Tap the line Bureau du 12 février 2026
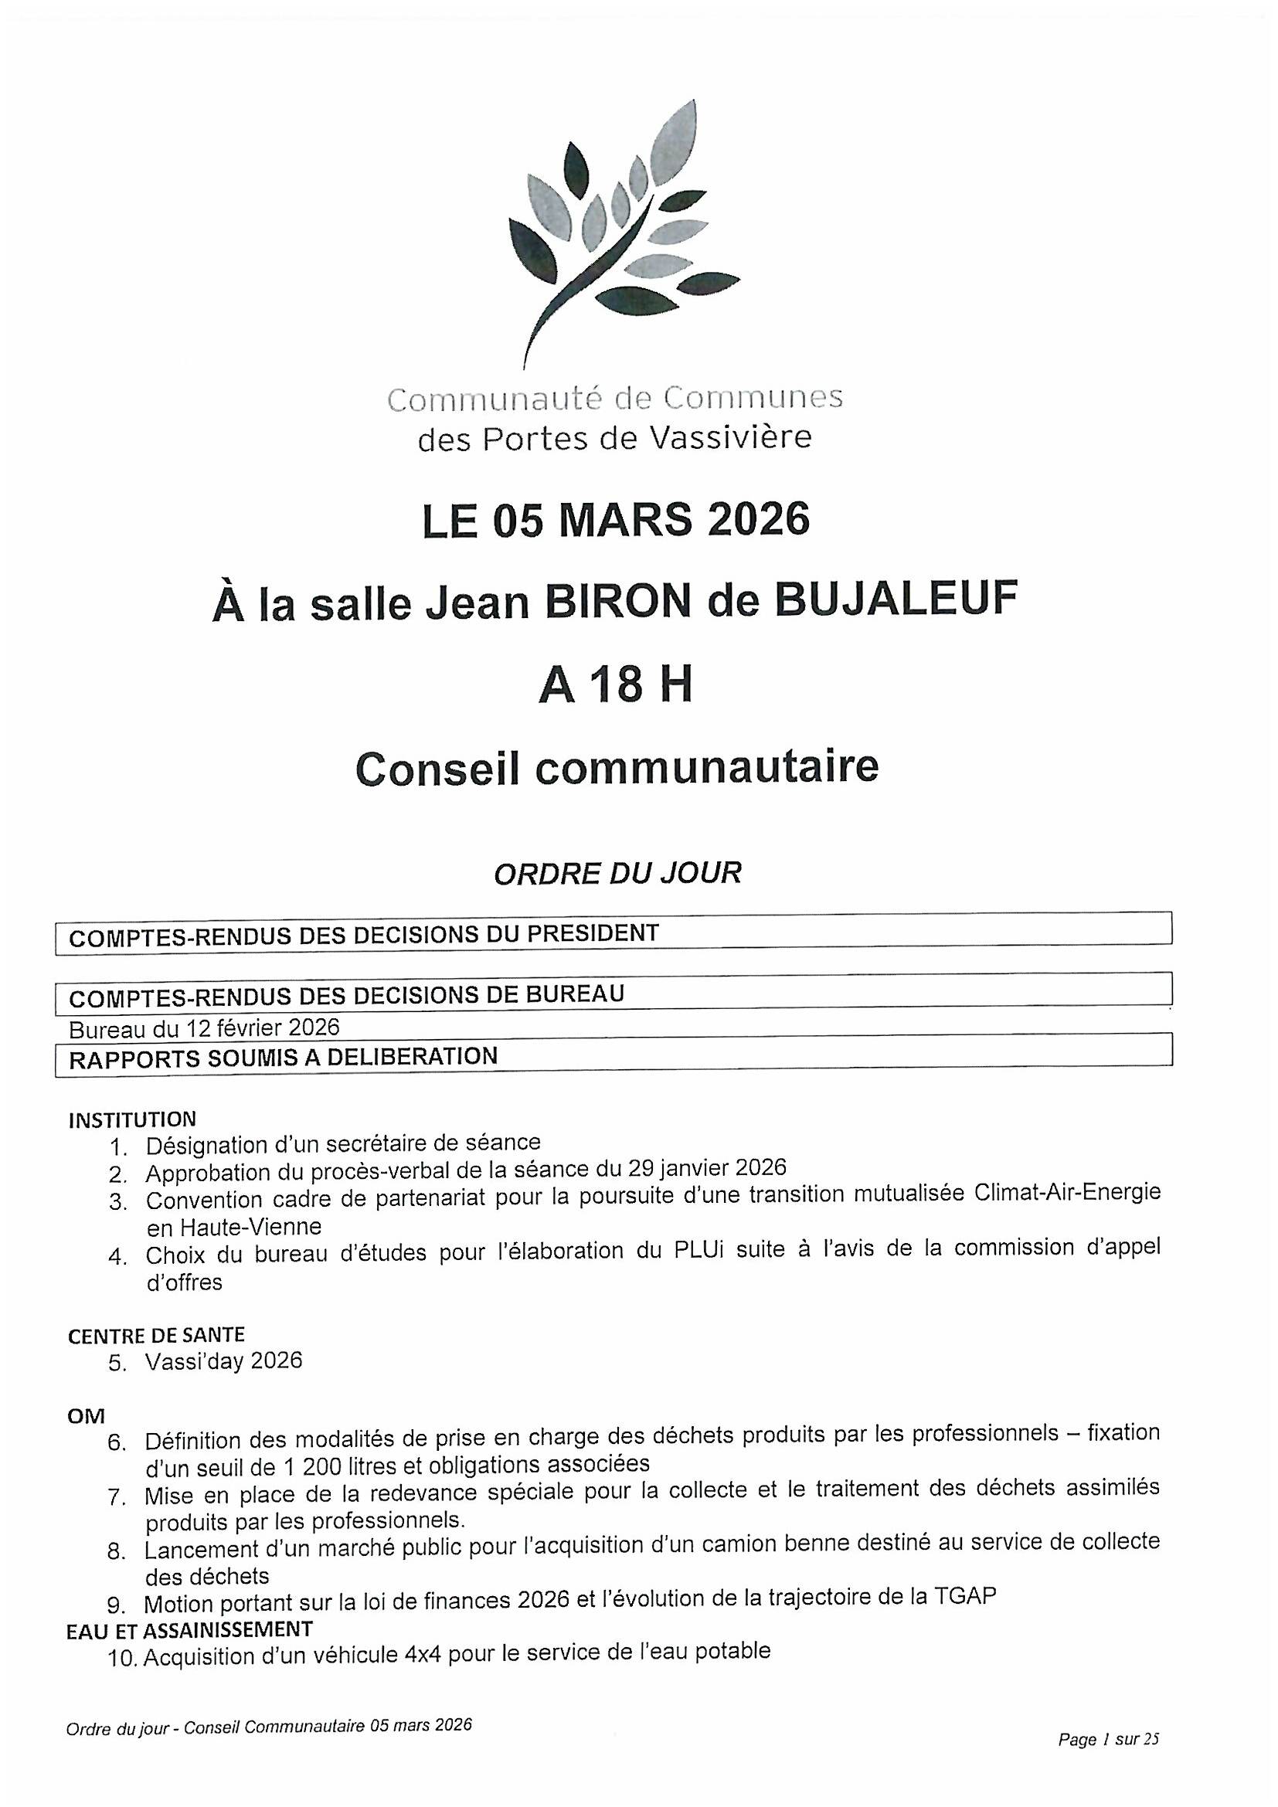[204, 1027]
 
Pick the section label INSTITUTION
[132, 1119]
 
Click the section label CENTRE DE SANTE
[156, 1336]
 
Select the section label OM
[86, 1417]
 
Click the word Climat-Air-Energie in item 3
[1066, 1193]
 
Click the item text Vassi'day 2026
[223, 1360]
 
